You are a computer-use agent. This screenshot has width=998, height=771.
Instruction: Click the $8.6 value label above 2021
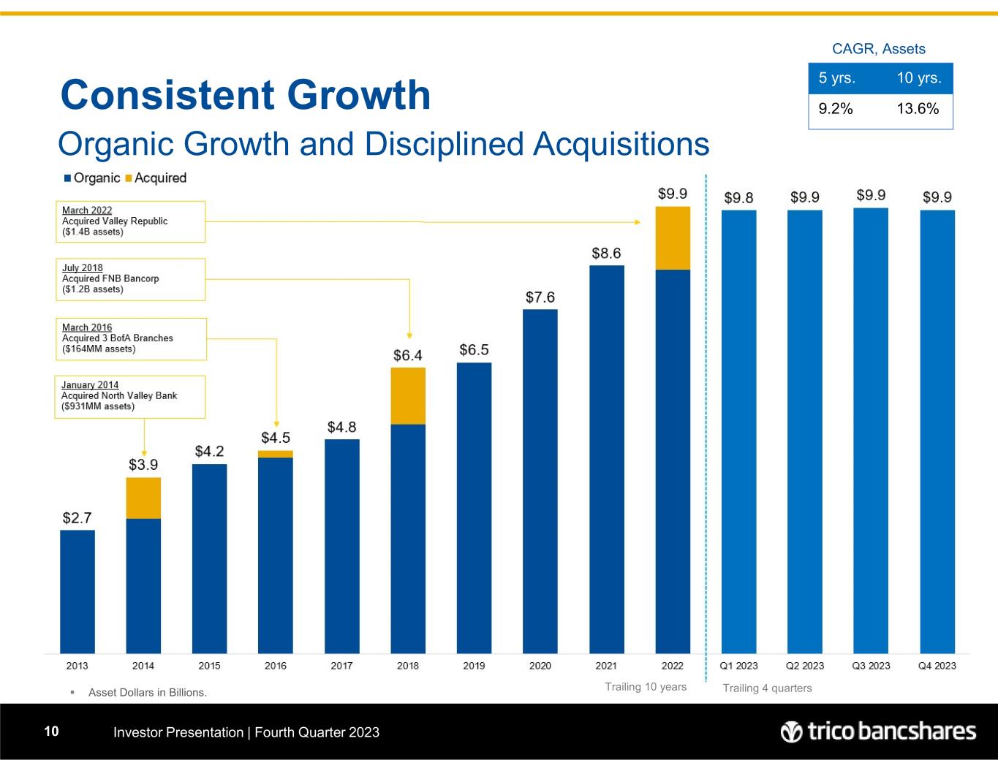click(606, 253)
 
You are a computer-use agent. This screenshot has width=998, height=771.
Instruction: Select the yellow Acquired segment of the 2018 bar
click(408, 395)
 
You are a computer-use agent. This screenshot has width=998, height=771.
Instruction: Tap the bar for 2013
click(78, 591)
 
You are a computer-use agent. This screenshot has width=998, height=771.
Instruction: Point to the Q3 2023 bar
click(871, 430)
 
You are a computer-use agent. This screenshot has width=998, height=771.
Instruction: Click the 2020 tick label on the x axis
click(540, 666)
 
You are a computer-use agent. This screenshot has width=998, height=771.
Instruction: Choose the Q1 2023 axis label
click(738, 666)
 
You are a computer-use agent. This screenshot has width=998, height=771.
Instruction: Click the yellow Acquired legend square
click(129, 178)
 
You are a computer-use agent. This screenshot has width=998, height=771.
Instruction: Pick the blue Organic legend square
click(68, 178)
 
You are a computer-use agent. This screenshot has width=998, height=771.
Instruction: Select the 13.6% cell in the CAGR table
click(918, 109)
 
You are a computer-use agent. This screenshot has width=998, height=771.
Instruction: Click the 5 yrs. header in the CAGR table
click(837, 78)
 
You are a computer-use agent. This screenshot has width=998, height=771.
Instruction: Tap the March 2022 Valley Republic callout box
click(130, 221)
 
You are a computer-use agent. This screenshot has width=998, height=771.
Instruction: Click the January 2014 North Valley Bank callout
click(130, 396)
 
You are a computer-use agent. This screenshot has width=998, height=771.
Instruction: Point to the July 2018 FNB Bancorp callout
click(130, 279)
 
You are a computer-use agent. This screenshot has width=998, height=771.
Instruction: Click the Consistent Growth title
click(246, 95)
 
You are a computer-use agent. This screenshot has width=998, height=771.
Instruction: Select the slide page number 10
click(51, 732)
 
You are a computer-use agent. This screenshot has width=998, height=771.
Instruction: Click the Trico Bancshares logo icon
click(791, 732)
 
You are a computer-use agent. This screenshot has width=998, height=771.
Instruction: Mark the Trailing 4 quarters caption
click(767, 688)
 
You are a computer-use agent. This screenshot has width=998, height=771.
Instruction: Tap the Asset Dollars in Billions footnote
click(148, 692)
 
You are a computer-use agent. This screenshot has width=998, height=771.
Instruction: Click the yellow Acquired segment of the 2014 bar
click(143, 498)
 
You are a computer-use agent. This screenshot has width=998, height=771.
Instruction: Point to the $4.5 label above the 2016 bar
click(276, 438)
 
